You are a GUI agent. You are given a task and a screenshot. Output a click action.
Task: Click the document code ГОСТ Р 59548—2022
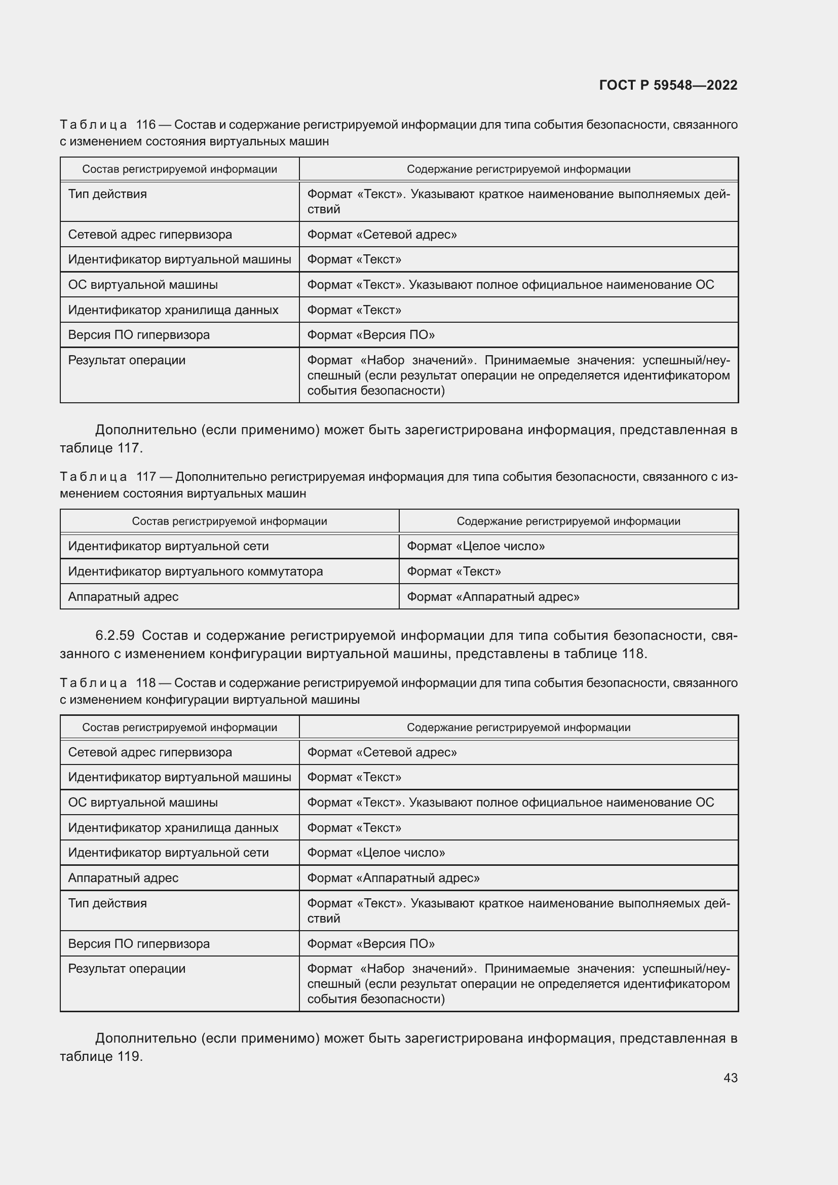coord(668,85)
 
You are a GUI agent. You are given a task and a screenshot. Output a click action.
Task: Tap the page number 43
coord(730,1078)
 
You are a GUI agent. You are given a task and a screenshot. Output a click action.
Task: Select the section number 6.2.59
coord(115,635)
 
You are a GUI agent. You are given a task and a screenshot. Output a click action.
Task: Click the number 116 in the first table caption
coord(145,125)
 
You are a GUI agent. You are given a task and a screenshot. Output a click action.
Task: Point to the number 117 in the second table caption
coord(146,476)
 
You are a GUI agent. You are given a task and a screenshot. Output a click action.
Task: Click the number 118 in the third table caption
coord(145,683)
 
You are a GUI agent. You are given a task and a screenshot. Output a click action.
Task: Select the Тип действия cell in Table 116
coord(107,194)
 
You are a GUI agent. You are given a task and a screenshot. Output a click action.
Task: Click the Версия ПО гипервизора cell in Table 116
coord(139,334)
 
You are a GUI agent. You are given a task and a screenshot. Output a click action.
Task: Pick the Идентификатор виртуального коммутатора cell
coord(195,571)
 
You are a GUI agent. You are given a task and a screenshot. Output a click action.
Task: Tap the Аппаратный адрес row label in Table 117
coord(123,597)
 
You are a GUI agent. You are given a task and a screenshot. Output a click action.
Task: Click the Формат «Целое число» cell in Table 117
coord(475,546)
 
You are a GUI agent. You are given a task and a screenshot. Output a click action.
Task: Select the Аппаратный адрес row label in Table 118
coord(123,878)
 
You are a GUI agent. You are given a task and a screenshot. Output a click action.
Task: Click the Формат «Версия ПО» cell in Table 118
coord(370,944)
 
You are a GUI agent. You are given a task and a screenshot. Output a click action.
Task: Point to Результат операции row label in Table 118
coord(127,969)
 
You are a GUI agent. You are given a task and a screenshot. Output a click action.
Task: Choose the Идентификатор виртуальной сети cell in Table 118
coord(168,853)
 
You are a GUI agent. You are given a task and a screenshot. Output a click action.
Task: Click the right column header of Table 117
coord(568,521)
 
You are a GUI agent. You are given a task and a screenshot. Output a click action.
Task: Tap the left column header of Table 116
coord(179,169)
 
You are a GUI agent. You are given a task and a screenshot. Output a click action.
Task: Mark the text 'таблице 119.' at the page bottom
coord(101,1056)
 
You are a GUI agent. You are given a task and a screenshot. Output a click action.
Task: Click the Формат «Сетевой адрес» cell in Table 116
coord(382,235)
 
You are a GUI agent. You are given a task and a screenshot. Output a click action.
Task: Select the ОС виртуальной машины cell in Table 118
coord(142,802)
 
